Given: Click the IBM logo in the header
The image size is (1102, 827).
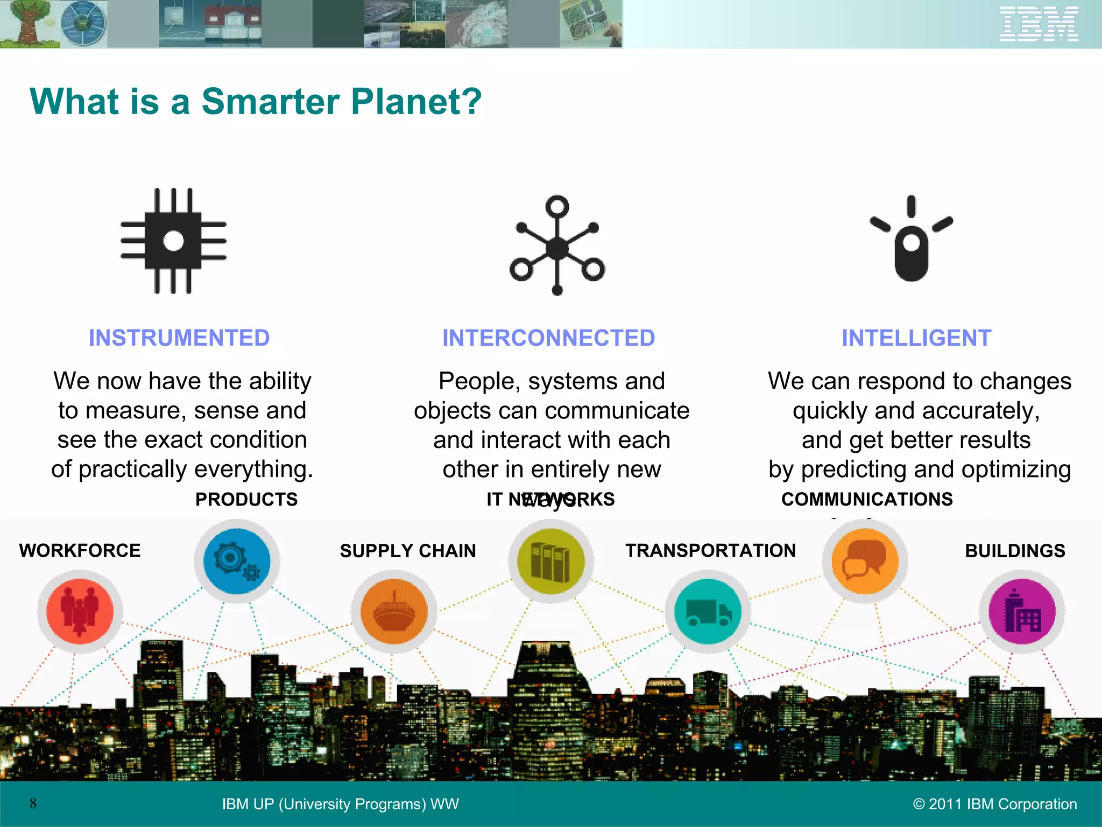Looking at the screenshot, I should (1039, 24).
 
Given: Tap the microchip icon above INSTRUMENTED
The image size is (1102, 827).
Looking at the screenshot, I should (173, 241).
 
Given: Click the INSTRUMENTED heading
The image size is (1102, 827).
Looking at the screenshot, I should (179, 338).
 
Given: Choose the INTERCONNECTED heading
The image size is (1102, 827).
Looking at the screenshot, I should (548, 338).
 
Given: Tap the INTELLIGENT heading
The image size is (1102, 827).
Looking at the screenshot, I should (916, 338).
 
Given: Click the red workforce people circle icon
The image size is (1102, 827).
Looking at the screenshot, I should (80, 612).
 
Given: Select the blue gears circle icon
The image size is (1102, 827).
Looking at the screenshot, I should (237, 561).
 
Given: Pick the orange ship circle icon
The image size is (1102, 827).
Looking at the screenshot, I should (394, 612).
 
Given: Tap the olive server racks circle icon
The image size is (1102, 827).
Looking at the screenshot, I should (550, 561).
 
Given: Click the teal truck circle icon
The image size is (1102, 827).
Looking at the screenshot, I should (708, 612).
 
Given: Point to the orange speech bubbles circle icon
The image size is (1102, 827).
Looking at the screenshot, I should (865, 561).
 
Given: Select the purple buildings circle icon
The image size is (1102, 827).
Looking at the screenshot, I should (1022, 612).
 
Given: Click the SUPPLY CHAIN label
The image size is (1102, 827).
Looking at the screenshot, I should (408, 551).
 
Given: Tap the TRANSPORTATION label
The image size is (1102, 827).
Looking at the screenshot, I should (710, 551).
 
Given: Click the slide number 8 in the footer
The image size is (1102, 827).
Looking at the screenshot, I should (33, 803).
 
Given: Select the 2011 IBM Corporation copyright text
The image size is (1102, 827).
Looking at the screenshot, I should (995, 804).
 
